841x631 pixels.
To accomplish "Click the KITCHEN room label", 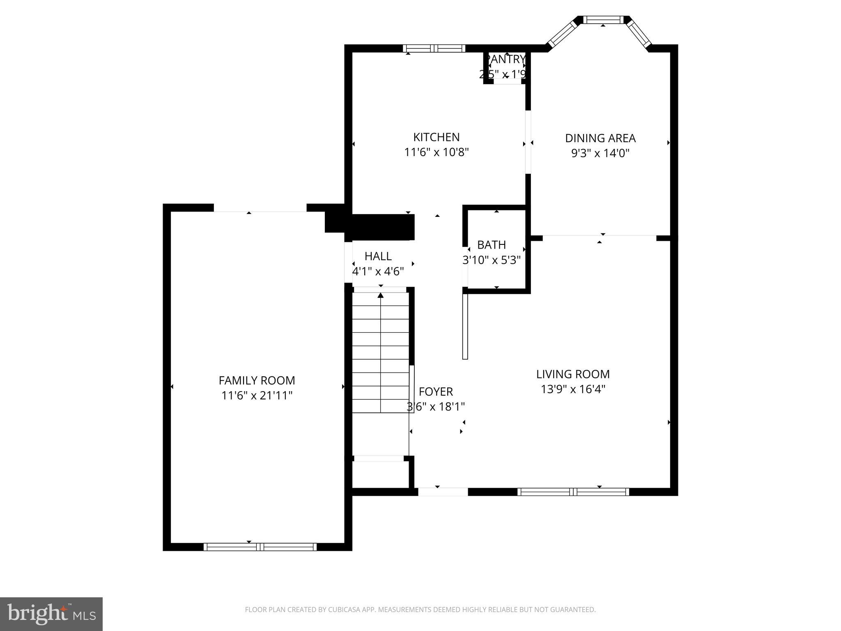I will (x=436, y=137).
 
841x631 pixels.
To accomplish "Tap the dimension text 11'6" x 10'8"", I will (x=436, y=152).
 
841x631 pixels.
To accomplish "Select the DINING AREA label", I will (x=600, y=138).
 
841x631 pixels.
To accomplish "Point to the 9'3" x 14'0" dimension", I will (x=600, y=153).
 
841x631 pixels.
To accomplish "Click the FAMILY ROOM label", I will (x=257, y=380).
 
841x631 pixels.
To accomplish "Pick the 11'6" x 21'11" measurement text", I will (x=257, y=396).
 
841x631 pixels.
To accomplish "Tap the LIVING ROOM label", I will (x=573, y=374).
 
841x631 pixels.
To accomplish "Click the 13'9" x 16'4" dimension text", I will (x=573, y=389).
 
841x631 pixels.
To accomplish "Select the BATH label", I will (x=491, y=245).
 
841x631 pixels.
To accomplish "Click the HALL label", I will (x=378, y=256).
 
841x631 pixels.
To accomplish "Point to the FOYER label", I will (x=436, y=391).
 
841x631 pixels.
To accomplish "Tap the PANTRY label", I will (x=506, y=60).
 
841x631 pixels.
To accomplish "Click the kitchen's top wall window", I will (x=434, y=48).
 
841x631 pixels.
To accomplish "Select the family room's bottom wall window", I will (x=260, y=547).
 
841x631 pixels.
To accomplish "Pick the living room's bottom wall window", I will (x=573, y=492).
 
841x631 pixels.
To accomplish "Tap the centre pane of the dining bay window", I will (x=603, y=20).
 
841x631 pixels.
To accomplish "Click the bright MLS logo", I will (x=51, y=614).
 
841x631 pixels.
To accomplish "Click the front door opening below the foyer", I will (x=443, y=492).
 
